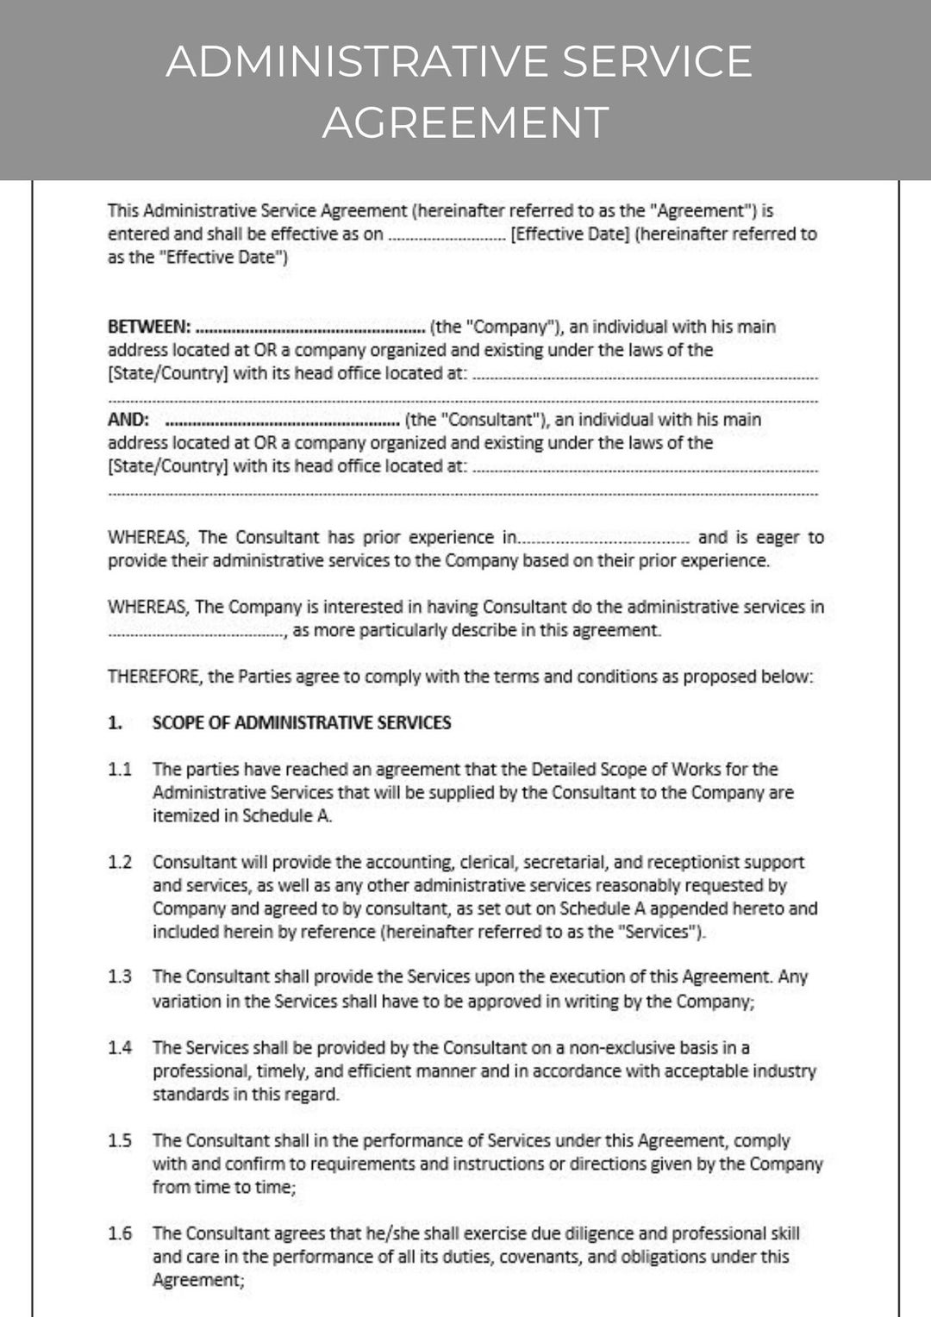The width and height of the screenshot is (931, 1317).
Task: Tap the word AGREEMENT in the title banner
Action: click(x=465, y=122)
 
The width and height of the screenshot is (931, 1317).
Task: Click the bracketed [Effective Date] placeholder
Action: click(x=570, y=234)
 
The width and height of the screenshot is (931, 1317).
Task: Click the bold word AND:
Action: click(x=128, y=420)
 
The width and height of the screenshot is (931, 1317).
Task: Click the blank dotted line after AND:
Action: click(x=281, y=421)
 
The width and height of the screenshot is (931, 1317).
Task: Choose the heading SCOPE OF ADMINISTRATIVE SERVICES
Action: click(x=302, y=722)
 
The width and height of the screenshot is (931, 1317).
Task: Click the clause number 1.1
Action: click(x=120, y=769)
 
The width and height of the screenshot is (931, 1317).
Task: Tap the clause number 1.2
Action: click(x=120, y=862)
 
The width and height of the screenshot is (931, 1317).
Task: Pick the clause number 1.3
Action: click(x=120, y=977)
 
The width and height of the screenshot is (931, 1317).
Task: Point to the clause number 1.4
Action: click(x=120, y=1047)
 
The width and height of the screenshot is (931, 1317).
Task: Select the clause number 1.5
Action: click(x=120, y=1140)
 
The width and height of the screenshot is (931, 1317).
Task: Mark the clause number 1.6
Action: click(x=120, y=1233)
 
